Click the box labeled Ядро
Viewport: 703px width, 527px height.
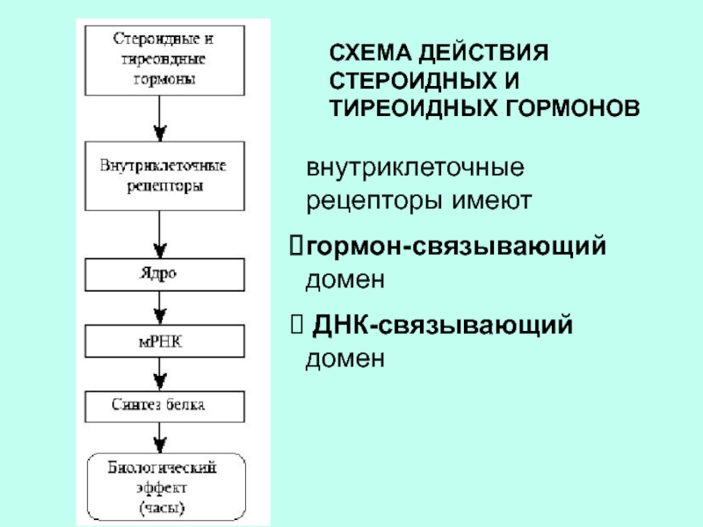(158, 273)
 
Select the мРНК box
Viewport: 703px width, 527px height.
(158, 340)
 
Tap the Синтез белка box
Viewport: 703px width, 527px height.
(158, 406)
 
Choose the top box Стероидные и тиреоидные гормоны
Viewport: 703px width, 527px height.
(158, 60)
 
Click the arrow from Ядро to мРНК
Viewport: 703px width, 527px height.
(158, 307)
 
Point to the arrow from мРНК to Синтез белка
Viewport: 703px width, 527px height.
(158, 372)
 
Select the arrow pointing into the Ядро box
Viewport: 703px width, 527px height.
(158, 233)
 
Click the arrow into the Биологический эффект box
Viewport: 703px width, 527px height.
(158, 436)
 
